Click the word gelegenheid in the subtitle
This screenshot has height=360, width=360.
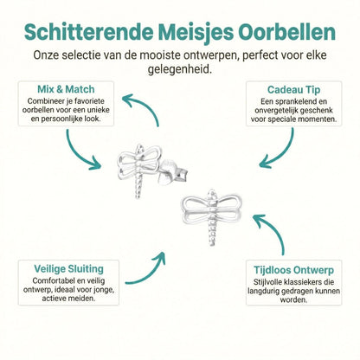[180, 71]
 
